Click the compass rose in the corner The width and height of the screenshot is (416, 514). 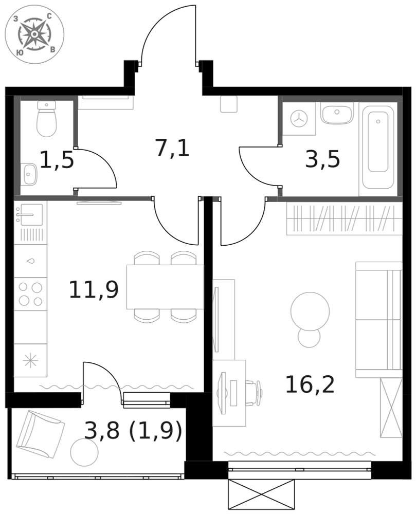pyautogui.click(x=34, y=34)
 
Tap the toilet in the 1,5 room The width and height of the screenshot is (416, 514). pyautogui.click(x=47, y=118)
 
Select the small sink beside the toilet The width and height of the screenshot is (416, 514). pyautogui.click(x=29, y=174)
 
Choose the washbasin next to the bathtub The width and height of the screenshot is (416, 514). pyautogui.click(x=337, y=114)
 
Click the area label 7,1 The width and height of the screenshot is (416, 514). pyautogui.click(x=173, y=148)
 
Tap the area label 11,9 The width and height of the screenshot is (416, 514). pyautogui.click(x=94, y=289)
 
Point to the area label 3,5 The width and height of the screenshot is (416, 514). pyautogui.click(x=322, y=159)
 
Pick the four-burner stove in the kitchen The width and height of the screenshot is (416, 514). pyautogui.click(x=30, y=294)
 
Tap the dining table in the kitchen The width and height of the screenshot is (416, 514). pyautogui.click(x=165, y=287)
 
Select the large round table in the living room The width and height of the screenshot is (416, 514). pyautogui.click(x=310, y=311)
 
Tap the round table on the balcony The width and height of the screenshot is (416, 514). pyautogui.click(x=84, y=452)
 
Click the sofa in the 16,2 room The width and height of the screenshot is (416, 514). pyautogui.click(x=378, y=320)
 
